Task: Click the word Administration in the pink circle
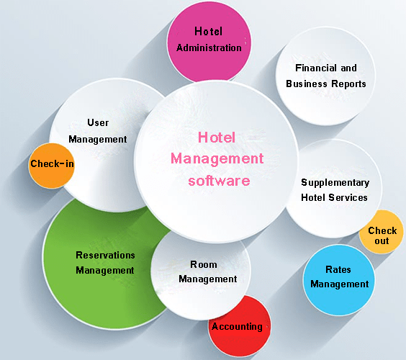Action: pyautogui.click(x=209, y=48)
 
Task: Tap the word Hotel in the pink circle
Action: pyautogui.click(x=209, y=32)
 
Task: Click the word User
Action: pyautogui.click(x=98, y=122)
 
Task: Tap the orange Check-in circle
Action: pyautogui.click(x=52, y=166)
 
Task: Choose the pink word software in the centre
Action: pyautogui.click(x=219, y=181)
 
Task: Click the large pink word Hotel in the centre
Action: pyautogui.click(x=217, y=138)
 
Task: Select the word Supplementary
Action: pyautogui.click(x=335, y=183)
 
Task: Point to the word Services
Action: pyautogui.click(x=348, y=197)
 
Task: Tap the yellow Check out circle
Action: pyautogui.click(x=381, y=232)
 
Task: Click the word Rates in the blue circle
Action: pyautogui.click(x=338, y=269)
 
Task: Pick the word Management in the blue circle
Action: pyautogui.click(x=340, y=284)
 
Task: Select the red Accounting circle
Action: pyautogui.click(x=239, y=327)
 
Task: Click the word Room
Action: pyautogui.click(x=204, y=264)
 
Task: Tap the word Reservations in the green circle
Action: pyautogui.click(x=105, y=256)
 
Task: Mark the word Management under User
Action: pyautogui.click(x=98, y=140)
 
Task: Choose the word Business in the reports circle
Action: pyautogui.click(x=307, y=84)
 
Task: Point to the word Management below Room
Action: pyautogui.click(x=207, y=279)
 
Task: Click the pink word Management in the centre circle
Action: pyautogui.click(x=217, y=159)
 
